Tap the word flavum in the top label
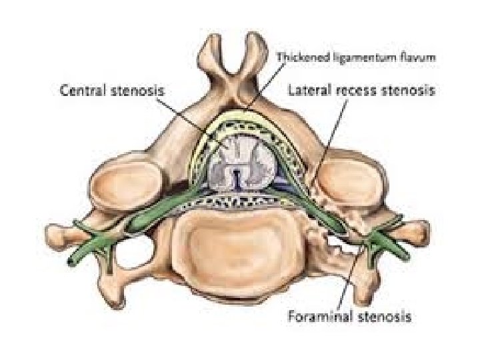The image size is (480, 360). (420, 59)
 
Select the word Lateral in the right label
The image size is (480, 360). (310, 89)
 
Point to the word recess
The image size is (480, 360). (363, 89)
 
